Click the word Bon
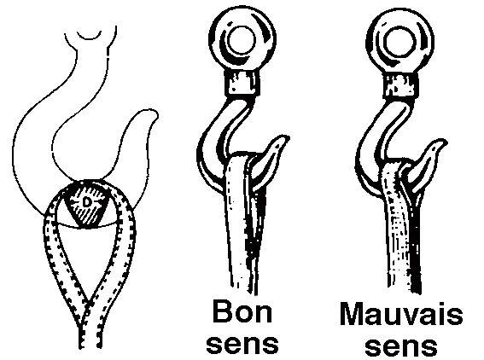point(242,311)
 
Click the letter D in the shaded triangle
point(87,202)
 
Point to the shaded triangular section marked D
point(86,205)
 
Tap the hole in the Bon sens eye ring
point(242,40)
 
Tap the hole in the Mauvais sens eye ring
point(399,41)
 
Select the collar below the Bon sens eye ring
point(242,83)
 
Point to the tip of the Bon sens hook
point(288,137)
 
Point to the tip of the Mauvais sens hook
point(446,141)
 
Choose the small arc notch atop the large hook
point(90,37)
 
